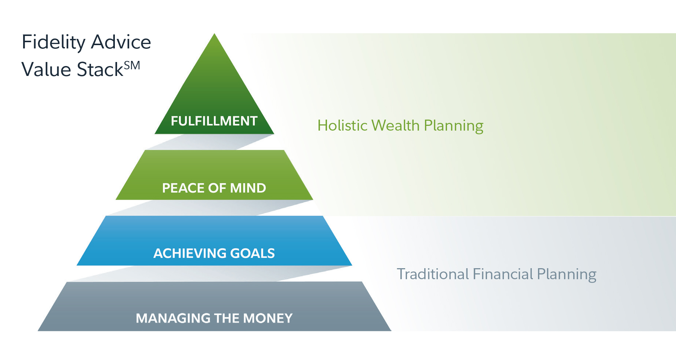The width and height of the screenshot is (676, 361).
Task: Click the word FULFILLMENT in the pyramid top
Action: click(x=214, y=121)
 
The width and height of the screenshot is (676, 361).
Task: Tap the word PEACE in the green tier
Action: click(x=183, y=188)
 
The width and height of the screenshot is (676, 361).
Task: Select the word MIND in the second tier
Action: click(x=248, y=188)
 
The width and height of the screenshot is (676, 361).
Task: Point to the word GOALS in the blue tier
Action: click(x=252, y=254)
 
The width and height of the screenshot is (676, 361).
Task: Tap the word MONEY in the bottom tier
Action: click(x=268, y=318)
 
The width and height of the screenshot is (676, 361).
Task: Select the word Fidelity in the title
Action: click(x=54, y=42)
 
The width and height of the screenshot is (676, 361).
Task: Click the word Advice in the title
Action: click(x=121, y=42)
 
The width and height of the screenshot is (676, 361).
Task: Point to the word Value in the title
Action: click(x=46, y=69)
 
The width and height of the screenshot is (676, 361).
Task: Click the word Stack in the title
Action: click(x=100, y=69)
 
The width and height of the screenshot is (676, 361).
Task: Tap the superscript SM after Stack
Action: click(x=132, y=66)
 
